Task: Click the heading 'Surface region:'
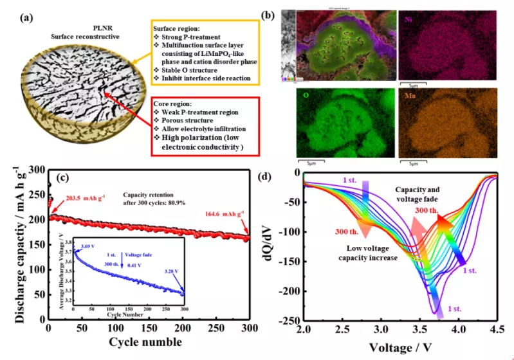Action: tap(177, 29)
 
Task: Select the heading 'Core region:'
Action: tap(172, 103)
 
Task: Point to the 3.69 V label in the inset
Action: tap(87, 246)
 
